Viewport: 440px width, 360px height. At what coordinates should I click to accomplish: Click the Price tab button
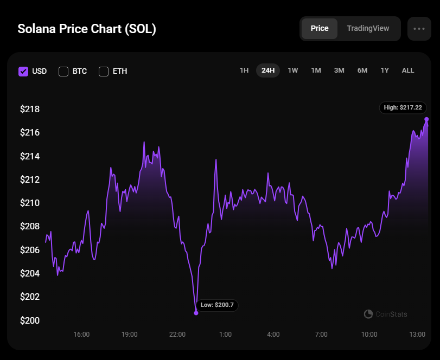[x=320, y=29]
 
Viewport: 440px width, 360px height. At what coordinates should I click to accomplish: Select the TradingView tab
[x=368, y=29]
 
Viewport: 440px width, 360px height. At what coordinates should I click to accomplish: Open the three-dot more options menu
[x=419, y=29]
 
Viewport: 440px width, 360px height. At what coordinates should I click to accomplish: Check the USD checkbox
[x=23, y=71]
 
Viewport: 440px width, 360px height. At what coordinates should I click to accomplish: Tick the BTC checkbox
[x=63, y=71]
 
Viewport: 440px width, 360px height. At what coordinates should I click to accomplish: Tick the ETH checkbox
[x=104, y=71]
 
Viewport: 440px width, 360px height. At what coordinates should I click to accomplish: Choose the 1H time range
[x=244, y=70]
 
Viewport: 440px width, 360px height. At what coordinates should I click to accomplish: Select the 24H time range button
[x=268, y=70]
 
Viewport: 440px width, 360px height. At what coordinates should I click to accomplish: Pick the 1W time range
[x=293, y=70]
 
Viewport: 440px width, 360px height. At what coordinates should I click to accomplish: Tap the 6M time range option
[x=362, y=70]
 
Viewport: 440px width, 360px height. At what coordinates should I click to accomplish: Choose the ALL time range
[x=408, y=70]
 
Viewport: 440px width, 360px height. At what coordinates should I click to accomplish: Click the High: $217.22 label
[x=403, y=107]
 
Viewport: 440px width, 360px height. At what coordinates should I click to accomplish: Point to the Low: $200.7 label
[x=217, y=305]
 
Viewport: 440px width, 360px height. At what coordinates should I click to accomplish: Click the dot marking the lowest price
[x=196, y=313]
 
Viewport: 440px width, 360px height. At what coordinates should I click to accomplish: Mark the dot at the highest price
[x=427, y=119]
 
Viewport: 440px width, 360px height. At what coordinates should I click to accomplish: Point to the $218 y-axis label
[x=30, y=110]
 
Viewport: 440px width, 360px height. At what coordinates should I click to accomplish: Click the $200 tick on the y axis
[x=30, y=320]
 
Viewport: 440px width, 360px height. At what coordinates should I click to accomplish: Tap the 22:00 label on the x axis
[x=177, y=335]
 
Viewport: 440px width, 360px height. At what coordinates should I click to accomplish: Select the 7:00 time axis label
[x=321, y=335]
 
